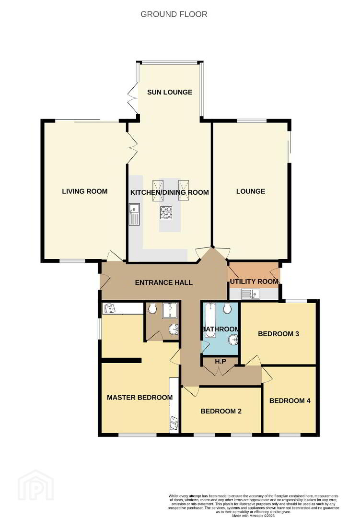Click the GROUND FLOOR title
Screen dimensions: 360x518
click(x=174, y=14)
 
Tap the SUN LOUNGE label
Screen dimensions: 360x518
click(x=170, y=92)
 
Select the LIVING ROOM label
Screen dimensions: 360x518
click(x=85, y=191)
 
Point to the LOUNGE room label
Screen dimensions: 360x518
click(x=251, y=191)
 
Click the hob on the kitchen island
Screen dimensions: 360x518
click(x=166, y=212)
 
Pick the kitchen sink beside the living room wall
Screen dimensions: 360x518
click(x=134, y=214)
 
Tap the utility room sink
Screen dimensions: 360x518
click(x=251, y=294)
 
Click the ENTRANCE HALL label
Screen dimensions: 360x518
click(x=164, y=283)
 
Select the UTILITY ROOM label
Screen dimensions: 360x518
click(x=254, y=282)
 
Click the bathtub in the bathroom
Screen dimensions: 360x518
click(x=210, y=320)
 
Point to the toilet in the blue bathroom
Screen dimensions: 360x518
click(x=227, y=308)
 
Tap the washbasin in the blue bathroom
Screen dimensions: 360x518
click(x=234, y=339)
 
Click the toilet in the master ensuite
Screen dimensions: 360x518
click(x=152, y=308)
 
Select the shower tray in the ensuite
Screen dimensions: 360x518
click(x=170, y=311)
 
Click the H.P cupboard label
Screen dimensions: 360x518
click(x=221, y=362)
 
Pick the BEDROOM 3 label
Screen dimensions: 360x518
click(x=279, y=334)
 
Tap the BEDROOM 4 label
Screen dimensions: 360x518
click(x=290, y=400)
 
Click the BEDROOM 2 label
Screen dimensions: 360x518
click(x=221, y=412)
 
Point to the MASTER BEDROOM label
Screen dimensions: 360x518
click(x=139, y=398)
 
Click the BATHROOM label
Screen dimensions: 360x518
click(x=221, y=329)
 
